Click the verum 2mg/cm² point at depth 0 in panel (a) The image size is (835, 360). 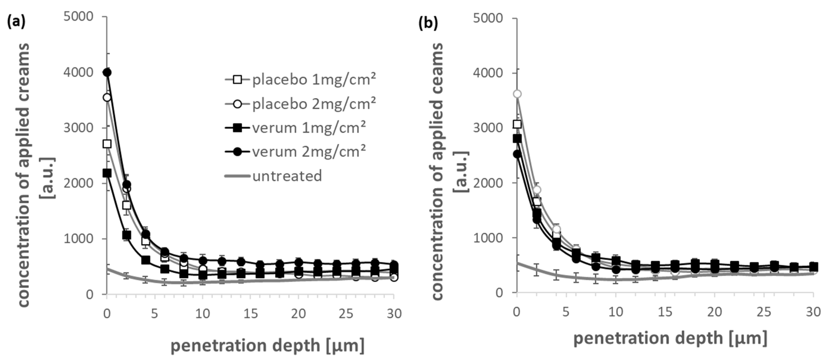[107, 72]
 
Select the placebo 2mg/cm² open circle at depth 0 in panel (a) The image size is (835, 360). [107, 97]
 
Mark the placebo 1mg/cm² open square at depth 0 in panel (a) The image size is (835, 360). [107, 144]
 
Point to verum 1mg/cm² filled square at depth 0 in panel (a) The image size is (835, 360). [107, 173]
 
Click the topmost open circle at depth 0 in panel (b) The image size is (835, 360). [517, 94]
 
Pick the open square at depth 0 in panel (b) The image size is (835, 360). [517, 124]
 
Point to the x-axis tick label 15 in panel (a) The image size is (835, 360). [250, 313]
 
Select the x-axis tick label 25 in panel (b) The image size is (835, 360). [764, 312]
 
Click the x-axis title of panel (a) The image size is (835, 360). [267, 346]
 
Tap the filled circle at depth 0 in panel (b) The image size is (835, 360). [517, 154]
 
